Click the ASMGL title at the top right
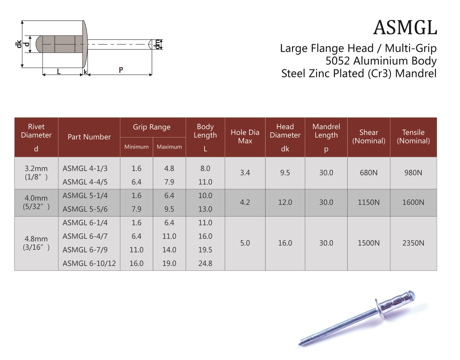[x=405, y=28]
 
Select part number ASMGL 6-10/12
[x=89, y=263]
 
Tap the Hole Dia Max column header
[x=245, y=137]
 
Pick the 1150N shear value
[x=369, y=202]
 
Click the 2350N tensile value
[x=413, y=243]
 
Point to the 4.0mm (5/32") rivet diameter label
[x=36, y=202]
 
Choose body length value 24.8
[x=205, y=263]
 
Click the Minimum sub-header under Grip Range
[x=136, y=147]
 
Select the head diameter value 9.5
[x=285, y=173]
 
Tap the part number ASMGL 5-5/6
[x=85, y=209]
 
